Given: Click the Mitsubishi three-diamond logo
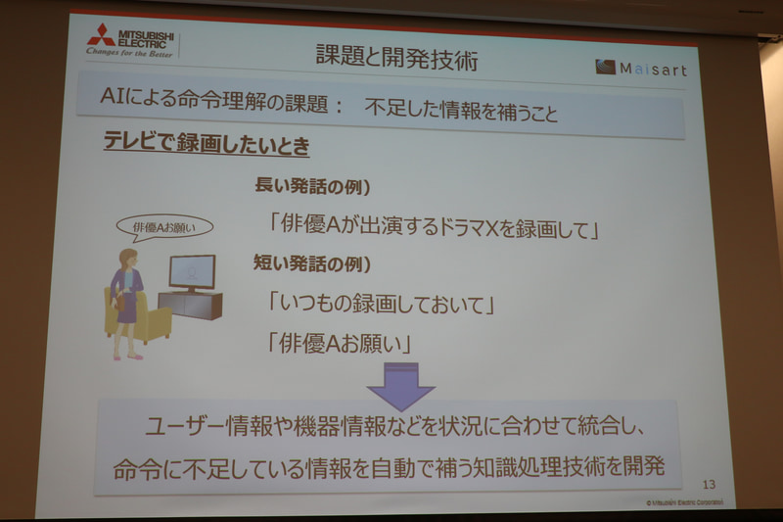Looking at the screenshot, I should point(101,36).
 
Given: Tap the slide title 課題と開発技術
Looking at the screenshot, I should point(396,57).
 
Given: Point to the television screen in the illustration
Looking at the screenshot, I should point(192,270).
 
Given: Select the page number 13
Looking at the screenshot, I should point(710,484).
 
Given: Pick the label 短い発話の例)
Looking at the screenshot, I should point(312,263).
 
